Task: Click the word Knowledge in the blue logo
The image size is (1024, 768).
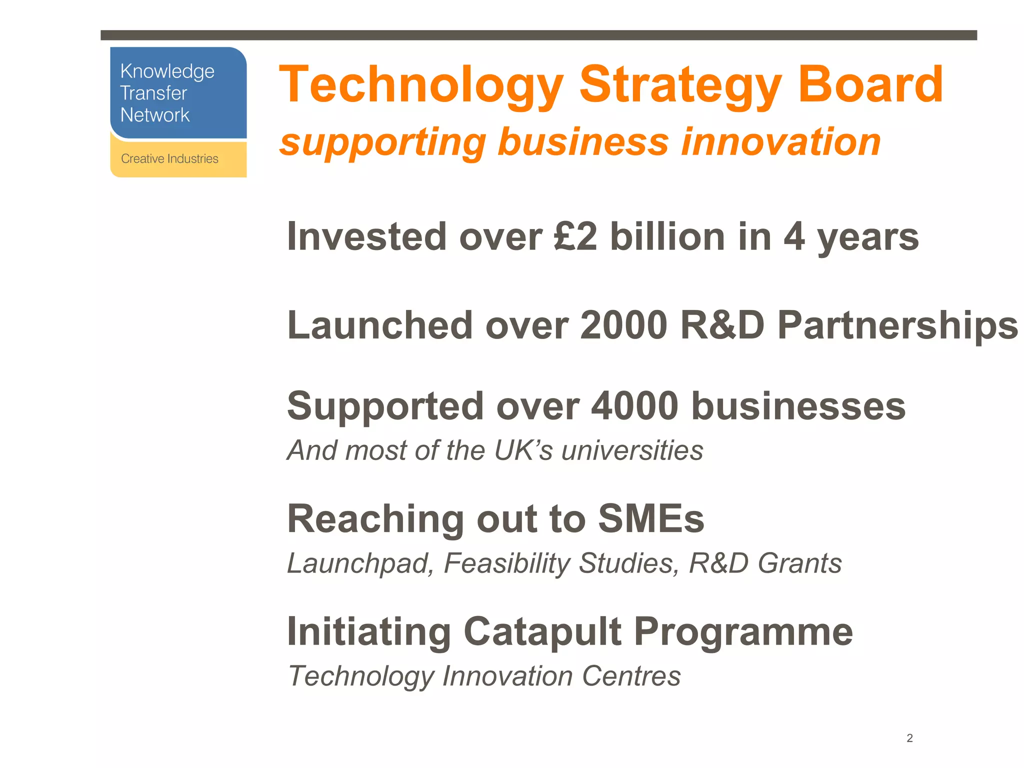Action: (167, 72)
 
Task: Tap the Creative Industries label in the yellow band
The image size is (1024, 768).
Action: (169, 158)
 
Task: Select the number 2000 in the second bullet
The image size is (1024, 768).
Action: (623, 325)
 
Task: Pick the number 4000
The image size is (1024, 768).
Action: (634, 405)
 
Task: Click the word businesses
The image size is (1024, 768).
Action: (798, 405)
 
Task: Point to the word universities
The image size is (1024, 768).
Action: (632, 450)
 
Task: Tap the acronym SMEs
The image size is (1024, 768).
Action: (651, 518)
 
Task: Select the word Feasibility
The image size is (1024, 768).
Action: (506, 563)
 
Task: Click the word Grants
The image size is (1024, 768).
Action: (799, 563)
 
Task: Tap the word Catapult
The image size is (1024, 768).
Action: (542, 631)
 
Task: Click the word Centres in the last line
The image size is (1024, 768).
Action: (631, 676)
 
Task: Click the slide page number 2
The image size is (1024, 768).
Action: (909, 738)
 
